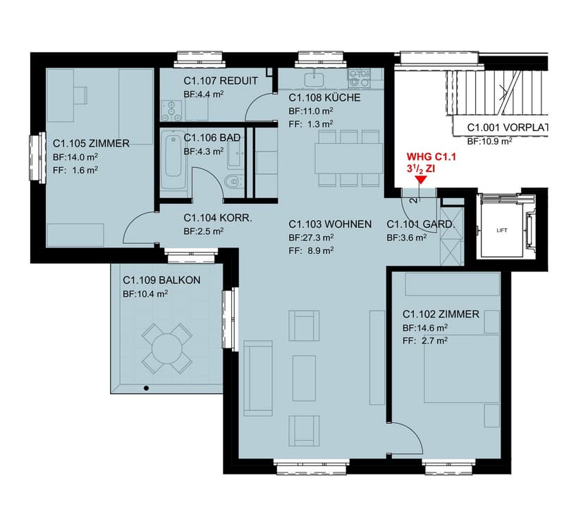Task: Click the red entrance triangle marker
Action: pyautogui.click(x=420, y=181)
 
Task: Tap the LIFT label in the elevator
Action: pyautogui.click(x=502, y=231)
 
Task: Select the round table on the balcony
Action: pyautogui.click(x=166, y=348)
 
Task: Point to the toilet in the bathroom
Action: pyautogui.click(x=234, y=182)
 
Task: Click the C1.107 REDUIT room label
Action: pyautogui.click(x=221, y=81)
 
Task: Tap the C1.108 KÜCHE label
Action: pyautogui.click(x=324, y=97)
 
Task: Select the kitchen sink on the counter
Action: pyautogui.click(x=314, y=80)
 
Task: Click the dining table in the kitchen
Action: pyautogui.click(x=348, y=159)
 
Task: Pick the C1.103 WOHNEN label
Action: pyautogui.click(x=330, y=224)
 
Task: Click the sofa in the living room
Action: pyautogui.click(x=258, y=378)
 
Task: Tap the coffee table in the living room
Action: pyautogui.click(x=304, y=378)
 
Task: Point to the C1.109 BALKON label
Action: pyautogui.click(x=161, y=280)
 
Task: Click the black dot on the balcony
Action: pyautogui.click(x=146, y=389)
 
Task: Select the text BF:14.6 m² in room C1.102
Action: pyautogui.click(x=425, y=328)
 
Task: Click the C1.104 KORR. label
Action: pyautogui.click(x=218, y=218)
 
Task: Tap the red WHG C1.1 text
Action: pyautogui.click(x=431, y=157)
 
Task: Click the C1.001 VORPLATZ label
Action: pyautogui.click(x=508, y=128)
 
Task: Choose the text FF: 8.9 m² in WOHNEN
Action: pyautogui.click(x=311, y=250)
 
